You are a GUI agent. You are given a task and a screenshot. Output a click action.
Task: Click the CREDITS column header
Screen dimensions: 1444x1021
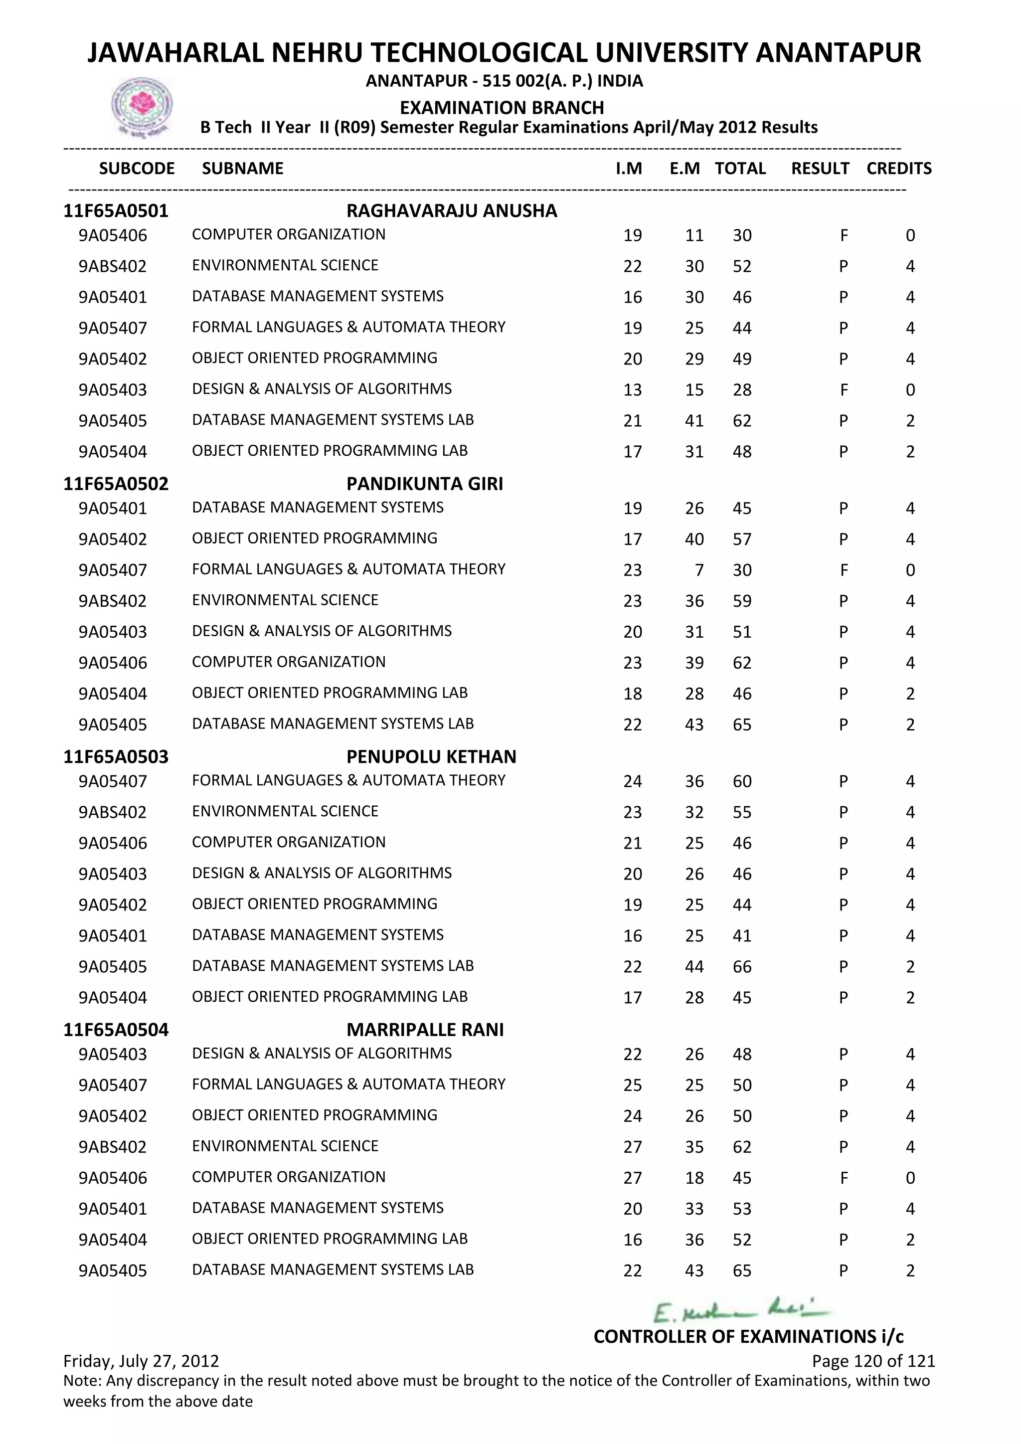tap(898, 169)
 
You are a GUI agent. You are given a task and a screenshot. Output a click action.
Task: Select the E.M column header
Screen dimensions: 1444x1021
tap(684, 169)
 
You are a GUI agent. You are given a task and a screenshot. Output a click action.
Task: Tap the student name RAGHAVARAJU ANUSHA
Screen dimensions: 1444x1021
tap(451, 211)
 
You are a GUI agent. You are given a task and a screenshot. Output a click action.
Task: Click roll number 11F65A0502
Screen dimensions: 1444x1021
tap(116, 484)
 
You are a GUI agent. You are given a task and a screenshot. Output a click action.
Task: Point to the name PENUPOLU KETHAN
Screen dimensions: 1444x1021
tap(431, 756)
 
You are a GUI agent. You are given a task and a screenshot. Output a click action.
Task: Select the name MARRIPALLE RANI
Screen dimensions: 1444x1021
tap(425, 1030)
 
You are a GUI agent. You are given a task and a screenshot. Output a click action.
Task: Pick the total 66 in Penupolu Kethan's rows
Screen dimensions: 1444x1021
tap(742, 967)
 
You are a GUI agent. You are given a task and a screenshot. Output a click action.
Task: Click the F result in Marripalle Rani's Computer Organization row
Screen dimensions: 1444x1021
tap(844, 1178)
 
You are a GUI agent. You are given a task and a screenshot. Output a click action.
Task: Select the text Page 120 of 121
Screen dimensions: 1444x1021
tap(873, 1361)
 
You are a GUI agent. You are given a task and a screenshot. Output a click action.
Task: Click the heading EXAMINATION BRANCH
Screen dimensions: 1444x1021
tap(502, 108)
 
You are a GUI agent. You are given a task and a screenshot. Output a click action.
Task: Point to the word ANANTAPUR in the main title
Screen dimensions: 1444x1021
tap(838, 53)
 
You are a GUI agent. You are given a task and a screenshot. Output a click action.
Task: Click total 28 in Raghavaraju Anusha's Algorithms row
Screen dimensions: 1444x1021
tap(742, 390)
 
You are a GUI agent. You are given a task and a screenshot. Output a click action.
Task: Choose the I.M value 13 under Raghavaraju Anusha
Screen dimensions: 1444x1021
tap(633, 390)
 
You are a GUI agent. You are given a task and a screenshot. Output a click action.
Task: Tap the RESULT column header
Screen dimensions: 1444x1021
tap(820, 169)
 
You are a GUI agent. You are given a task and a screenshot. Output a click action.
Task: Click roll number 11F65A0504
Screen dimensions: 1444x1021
tap(116, 1030)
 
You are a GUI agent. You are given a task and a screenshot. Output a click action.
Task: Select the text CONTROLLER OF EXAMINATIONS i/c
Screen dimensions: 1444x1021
tap(748, 1336)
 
